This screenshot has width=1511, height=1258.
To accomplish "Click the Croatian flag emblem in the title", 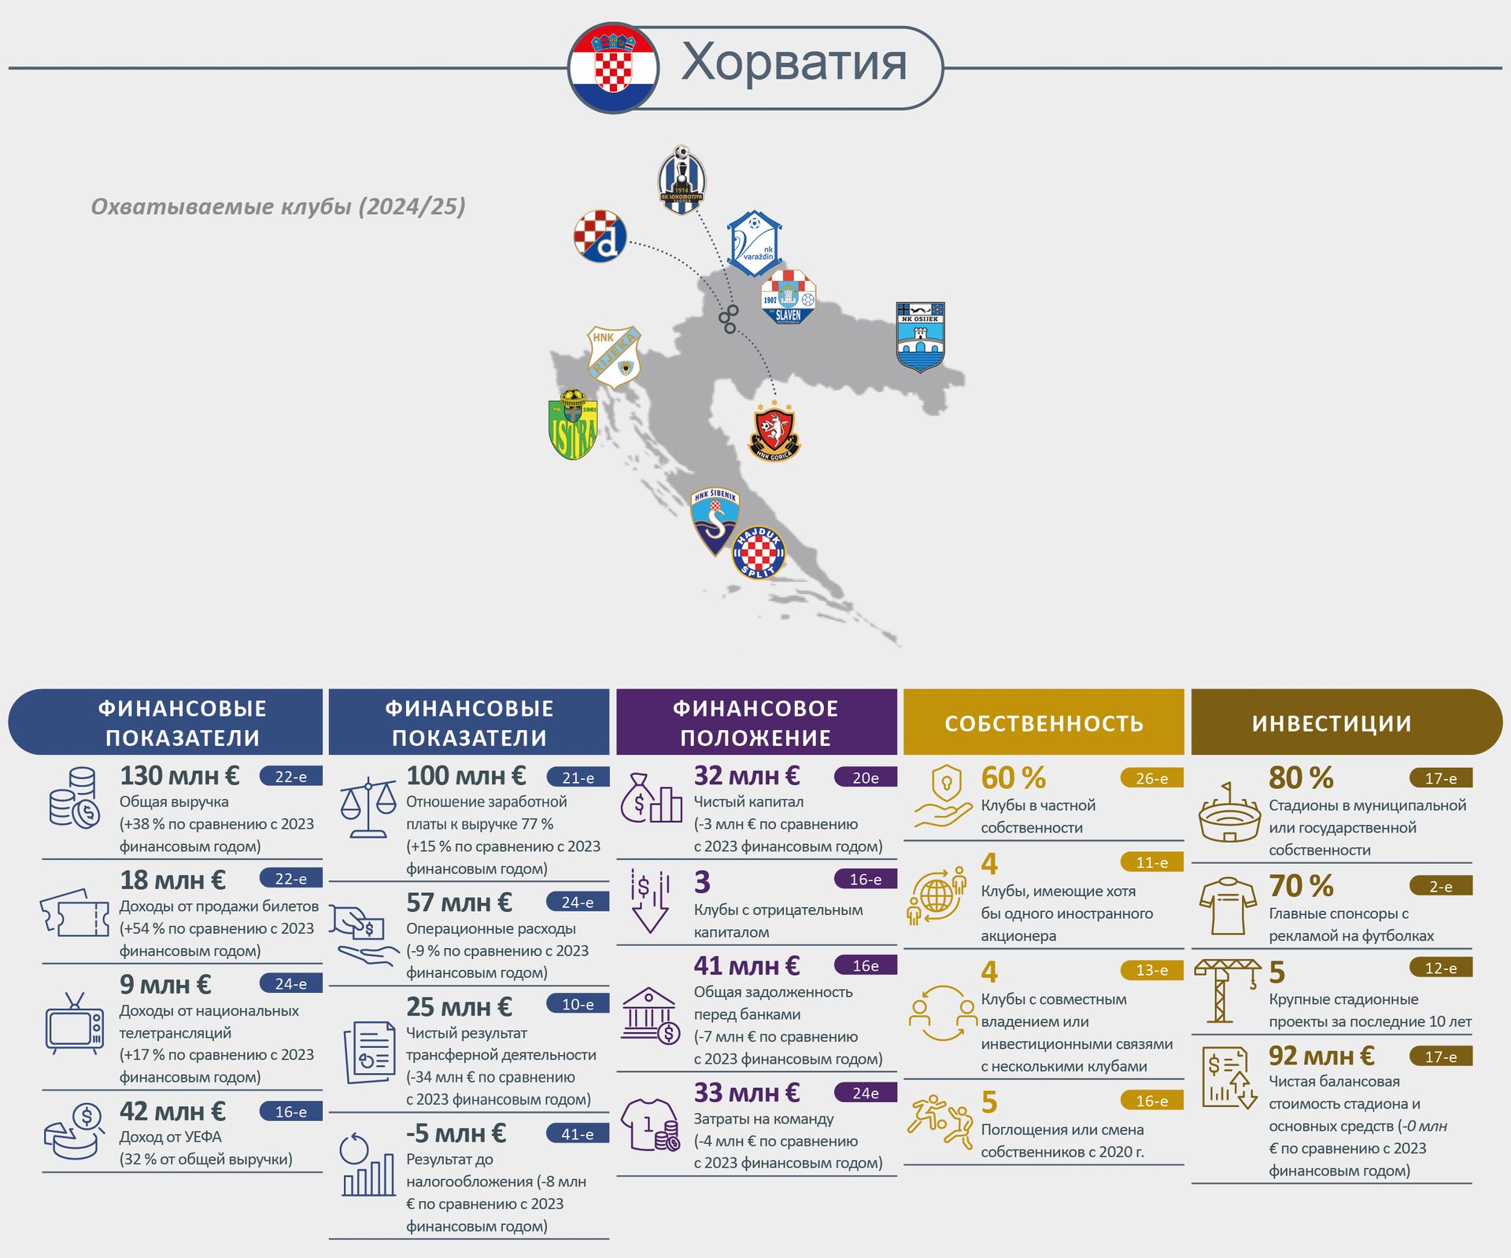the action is pyautogui.click(x=614, y=68).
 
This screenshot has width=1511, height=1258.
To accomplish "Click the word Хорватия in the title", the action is pyautogui.click(x=794, y=62).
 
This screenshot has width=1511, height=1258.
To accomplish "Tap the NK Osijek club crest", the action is pyautogui.click(x=920, y=337).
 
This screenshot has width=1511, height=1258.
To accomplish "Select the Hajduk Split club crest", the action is pyautogui.click(x=759, y=552).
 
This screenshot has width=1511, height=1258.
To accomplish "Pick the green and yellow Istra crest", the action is pyautogui.click(x=573, y=424).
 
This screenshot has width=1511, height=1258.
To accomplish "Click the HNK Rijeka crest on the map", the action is pyautogui.click(x=614, y=357).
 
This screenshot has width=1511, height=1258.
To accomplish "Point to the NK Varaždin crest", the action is pyautogui.click(x=754, y=243).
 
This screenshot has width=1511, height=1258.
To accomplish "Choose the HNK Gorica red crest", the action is pyautogui.click(x=774, y=432).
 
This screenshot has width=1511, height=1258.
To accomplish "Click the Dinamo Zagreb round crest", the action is pyautogui.click(x=600, y=236).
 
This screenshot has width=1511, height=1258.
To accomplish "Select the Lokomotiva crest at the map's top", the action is pyautogui.click(x=682, y=179).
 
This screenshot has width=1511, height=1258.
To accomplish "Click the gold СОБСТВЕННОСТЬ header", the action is pyautogui.click(x=1044, y=723).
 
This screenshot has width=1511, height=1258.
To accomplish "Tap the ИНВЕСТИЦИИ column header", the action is pyautogui.click(x=1332, y=723).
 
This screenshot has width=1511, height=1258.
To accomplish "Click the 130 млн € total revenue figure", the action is pyautogui.click(x=179, y=776).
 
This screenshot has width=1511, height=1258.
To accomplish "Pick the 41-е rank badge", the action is pyautogui.click(x=578, y=1134).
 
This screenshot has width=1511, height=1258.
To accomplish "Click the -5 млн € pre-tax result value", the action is pyautogui.click(x=456, y=1134).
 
